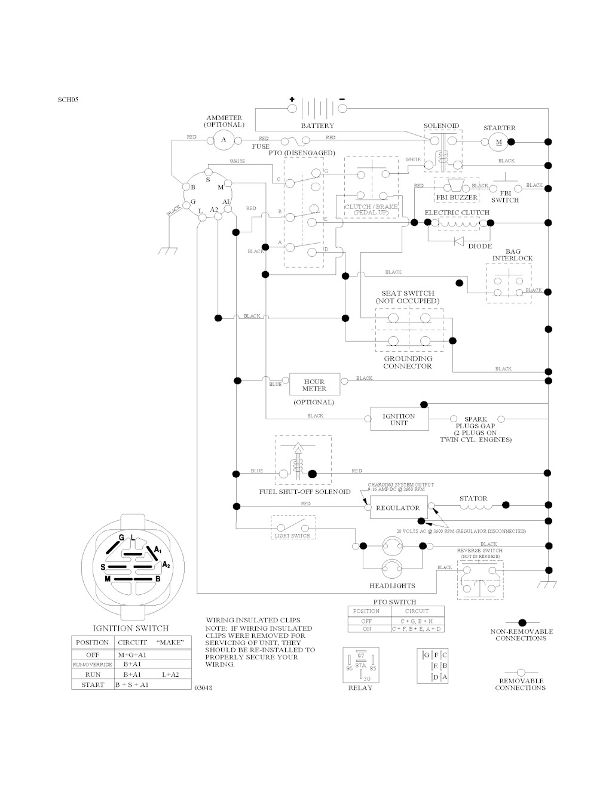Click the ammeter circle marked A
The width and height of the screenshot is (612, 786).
(x=224, y=140)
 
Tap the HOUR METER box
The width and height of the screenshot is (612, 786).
(x=314, y=385)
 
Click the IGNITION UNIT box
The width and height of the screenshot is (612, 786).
(x=399, y=419)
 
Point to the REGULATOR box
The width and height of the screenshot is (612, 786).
(x=397, y=508)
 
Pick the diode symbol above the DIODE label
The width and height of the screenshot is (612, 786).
(x=459, y=241)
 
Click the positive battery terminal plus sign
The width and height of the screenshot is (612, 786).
(x=292, y=99)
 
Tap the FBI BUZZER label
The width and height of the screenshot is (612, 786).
(x=457, y=198)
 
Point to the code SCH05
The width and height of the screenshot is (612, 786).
(x=68, y=100)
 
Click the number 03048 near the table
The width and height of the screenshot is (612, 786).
(x=203, y=688)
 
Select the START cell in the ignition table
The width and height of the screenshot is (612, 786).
(x=93, y=684)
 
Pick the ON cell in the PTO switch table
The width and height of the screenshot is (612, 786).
(x=366, y=629)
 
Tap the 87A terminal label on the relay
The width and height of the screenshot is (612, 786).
(x=360, y=664)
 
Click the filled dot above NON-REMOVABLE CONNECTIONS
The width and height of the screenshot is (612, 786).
(x=521, y=622)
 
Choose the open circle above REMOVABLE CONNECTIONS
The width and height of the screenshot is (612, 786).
(x=520, y=672)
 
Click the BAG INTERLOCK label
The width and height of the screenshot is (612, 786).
(x=512, y=255)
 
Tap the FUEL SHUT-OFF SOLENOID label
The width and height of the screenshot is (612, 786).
(x=305, y=492)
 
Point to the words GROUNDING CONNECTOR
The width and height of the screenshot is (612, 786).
(x=408, y=363)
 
